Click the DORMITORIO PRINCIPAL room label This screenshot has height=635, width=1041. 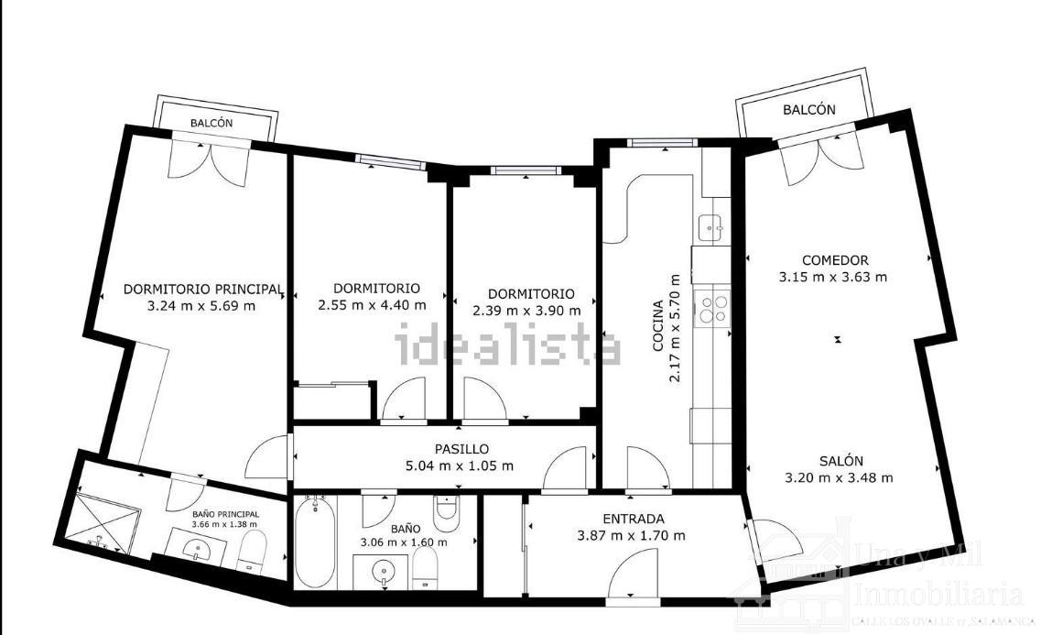[203, 289]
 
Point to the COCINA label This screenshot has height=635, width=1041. [657, 326]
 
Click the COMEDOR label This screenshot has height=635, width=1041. [834, 259]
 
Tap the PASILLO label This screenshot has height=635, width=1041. [461, 449]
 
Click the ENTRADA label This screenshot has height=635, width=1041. [634, 519]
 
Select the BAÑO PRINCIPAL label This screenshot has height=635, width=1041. [225, 514]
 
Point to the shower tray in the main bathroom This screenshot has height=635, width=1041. [108, 522]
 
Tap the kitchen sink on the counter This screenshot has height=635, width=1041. [711, 225]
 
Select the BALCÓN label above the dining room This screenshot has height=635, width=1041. [808, 109]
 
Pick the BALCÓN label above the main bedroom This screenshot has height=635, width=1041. [211, 123]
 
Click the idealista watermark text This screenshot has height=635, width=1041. [507, 346]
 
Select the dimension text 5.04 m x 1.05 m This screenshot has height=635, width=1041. [461, 465]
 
